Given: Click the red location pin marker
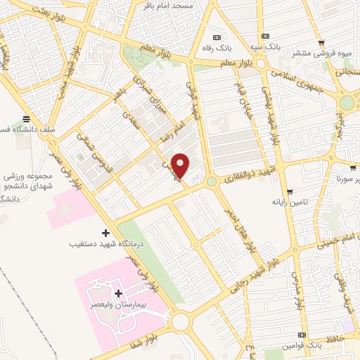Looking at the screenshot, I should tap(181, 165).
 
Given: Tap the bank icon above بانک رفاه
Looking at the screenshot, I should tap(217, 37).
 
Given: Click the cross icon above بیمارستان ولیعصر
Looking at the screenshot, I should tap(118, 292).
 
